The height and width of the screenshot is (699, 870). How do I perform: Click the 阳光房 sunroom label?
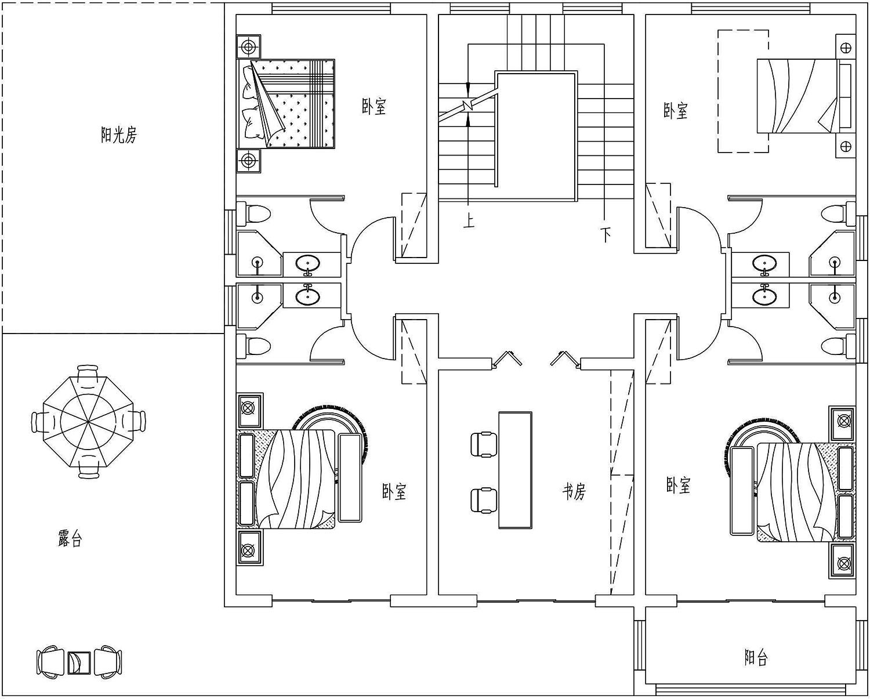click(119, 135)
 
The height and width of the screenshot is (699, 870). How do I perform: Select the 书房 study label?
click(574, 491)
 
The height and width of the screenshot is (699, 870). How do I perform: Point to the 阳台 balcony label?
click(756, 657)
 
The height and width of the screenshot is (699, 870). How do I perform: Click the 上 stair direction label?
click(469, 222)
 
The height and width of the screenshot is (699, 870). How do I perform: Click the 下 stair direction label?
click(605, 234)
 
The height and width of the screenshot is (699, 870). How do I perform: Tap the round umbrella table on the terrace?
click(89, 422)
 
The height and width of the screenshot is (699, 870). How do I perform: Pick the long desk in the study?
click(515, 470)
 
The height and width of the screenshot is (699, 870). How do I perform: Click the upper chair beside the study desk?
click(484, 444)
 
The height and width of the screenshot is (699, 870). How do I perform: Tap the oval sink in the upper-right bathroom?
click(764, 264)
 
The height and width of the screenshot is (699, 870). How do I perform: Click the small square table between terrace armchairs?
click(79, 663)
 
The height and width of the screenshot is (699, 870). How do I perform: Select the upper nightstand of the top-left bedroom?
click(248, 47)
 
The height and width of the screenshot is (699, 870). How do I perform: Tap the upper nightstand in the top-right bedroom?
click(845, 48)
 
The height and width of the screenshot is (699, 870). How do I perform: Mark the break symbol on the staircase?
click(468, 104)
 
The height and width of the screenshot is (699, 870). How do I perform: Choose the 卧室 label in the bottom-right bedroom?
click(679, 485)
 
